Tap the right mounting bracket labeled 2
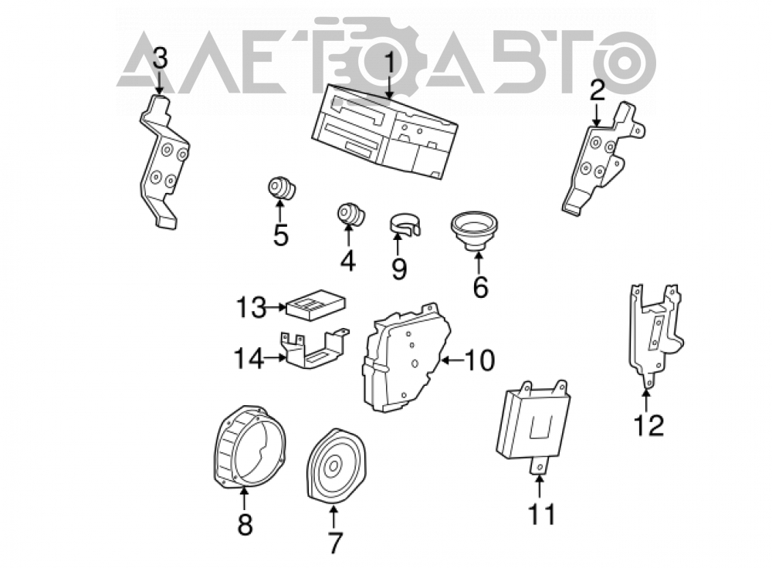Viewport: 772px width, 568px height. coord(603,158)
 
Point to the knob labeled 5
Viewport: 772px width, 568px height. coord(282,188)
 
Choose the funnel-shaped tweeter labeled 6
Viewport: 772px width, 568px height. coord(475,230)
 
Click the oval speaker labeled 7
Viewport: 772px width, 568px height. coord(335,465)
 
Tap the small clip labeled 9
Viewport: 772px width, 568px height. coord(405,223)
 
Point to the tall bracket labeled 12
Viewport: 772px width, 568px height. coord(655,335)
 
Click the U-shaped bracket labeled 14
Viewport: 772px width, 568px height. coord(315,350)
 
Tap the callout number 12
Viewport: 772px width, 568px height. coord(649,425)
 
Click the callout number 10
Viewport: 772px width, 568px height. coord(479,360)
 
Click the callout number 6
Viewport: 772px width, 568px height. coord(480,286)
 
